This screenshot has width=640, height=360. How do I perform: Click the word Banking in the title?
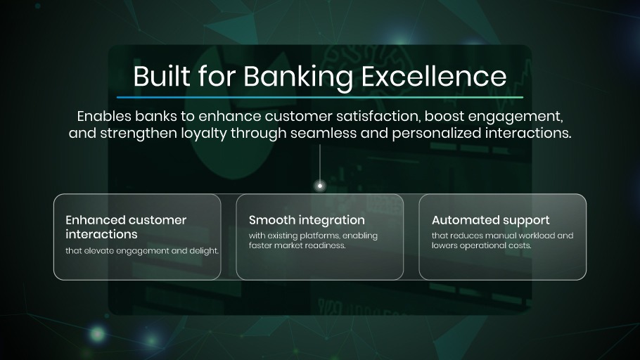point(298,77)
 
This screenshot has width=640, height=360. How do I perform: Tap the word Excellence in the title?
point(434,77)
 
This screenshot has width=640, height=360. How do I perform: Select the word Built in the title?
point(162,76)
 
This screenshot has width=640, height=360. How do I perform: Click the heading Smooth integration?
point(307,220)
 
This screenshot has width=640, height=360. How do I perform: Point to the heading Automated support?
point(491,221)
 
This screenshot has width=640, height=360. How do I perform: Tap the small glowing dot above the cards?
point(320,186)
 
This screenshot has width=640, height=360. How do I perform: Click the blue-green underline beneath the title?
point(320,97)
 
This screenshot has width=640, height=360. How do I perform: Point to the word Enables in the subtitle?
point(104,116)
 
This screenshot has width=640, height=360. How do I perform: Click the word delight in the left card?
point(204,251)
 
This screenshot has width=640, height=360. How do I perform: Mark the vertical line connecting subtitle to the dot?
point(320,163)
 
